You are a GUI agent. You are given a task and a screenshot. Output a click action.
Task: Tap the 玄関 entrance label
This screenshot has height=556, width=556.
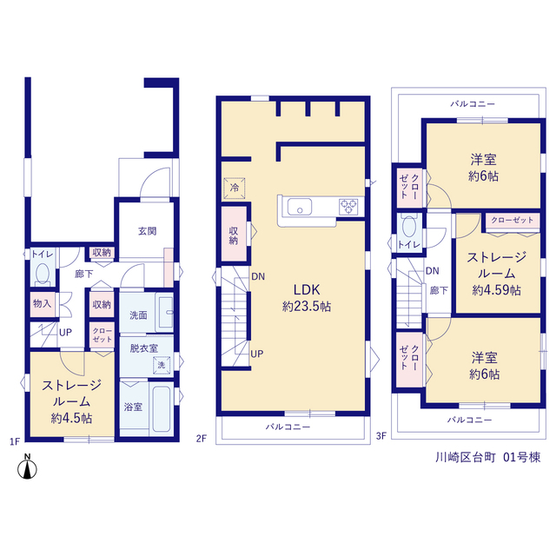[x=147, y=231]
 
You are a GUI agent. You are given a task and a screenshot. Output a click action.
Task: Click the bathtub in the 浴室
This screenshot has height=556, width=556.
[x=162, y=409]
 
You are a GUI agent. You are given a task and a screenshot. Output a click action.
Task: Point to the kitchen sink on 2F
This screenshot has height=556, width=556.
[x=300, y=207]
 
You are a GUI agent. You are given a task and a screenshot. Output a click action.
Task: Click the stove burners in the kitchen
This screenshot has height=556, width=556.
[x=349, y=207]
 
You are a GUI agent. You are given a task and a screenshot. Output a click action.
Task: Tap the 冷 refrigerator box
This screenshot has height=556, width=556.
[x=235, y=188]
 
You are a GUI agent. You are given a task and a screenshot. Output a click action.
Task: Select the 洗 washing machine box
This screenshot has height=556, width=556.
[x=162, y=365]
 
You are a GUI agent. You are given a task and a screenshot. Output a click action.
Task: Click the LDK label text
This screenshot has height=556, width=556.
[x=307, y=289]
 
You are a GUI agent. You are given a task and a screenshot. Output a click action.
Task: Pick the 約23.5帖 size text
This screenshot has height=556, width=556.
[x=307, y=306]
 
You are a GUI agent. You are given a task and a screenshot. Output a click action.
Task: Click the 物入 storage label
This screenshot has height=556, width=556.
[x=43, y=303]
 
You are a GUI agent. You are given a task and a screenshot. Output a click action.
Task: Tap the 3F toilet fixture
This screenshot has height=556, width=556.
[x=409, y=226]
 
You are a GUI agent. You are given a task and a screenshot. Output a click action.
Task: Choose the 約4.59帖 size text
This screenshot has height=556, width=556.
[x=496, y=290]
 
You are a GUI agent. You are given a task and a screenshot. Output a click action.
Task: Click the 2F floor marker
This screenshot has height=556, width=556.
[x=201, y=439]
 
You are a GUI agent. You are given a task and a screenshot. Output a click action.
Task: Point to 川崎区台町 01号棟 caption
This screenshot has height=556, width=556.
[x=488, y=458]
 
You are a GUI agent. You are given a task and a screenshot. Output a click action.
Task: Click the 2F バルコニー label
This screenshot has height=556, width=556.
[x=288, y=427]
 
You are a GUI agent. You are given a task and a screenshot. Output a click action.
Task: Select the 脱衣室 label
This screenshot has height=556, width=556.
[x=143, y=348]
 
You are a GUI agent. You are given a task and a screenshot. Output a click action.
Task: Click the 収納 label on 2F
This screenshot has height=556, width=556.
[x=234, y=235]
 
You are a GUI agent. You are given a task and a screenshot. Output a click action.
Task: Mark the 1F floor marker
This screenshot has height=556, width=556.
[x=15, y=441]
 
